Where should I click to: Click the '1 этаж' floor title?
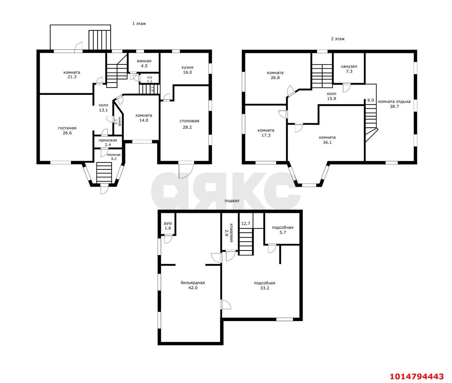(139, 23)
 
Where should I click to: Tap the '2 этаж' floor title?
(338, 39)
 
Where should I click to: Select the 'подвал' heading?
(232, 201)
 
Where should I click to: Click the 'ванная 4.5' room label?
(144, 63)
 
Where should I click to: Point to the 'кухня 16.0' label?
(188, 70)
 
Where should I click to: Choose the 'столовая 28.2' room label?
(189, 124)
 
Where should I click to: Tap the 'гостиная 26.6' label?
(67, 130)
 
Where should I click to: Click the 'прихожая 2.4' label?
(108, 142)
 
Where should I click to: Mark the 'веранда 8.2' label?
(114, 157)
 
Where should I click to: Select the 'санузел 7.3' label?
(349, 69)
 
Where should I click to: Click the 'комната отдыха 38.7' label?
(394, 104)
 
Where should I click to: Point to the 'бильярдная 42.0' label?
(193, 285)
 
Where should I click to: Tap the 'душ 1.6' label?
(168, 226)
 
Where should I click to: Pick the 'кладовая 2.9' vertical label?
(229, 233)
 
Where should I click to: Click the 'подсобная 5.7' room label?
(282, 230)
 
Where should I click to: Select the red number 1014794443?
(417, 376)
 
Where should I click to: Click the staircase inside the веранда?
(104, 173)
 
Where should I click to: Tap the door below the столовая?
(186, 170)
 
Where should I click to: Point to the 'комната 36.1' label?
(327, 140)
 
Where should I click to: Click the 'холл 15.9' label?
(332, 96)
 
